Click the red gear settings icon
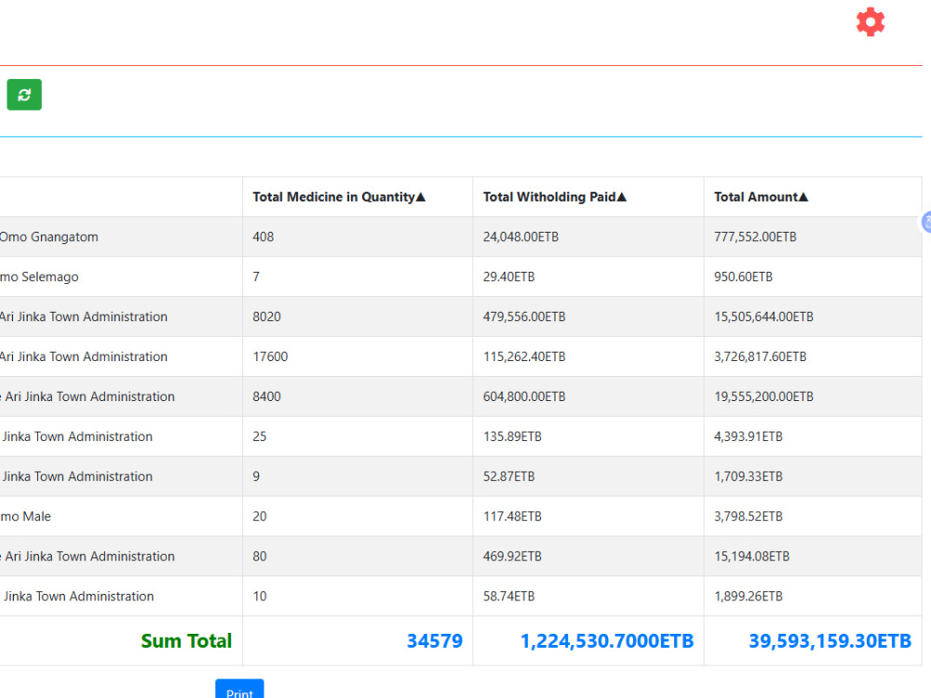[870, 22]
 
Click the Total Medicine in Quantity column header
[339, 197]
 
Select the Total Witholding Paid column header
[555, 197]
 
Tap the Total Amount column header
[761, 197]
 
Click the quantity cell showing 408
[263, 236]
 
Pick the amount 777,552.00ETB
[755, 236]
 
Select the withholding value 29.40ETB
[509, 276]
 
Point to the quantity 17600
[270, 356]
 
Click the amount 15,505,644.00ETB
[763, 317]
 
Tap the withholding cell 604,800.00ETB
[524, 396]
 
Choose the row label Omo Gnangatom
[48, 236]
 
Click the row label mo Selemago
[39, 276]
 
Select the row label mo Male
[25, 517]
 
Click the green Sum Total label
[186, 641]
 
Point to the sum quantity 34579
[435, 641]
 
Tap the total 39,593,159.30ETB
[830, 641]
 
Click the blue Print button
[239, 689]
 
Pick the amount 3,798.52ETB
[749, 517]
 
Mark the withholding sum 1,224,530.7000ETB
[607, 641]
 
